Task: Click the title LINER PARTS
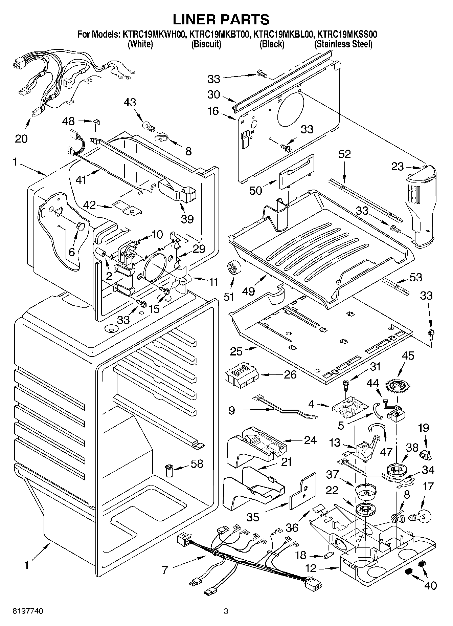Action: (221, 19)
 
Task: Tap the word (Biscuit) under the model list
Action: (206, 44)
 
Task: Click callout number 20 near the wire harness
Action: (21, 138)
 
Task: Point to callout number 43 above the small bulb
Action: (130, 102)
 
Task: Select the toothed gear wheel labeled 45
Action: (398, 385)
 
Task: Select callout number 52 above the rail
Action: (344, 154)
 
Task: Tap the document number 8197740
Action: (28, 611)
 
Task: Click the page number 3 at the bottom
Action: (226, 611)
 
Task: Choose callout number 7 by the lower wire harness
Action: (165, 570)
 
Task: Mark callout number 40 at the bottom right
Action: (430, 585)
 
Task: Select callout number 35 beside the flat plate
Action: (253, 517)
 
